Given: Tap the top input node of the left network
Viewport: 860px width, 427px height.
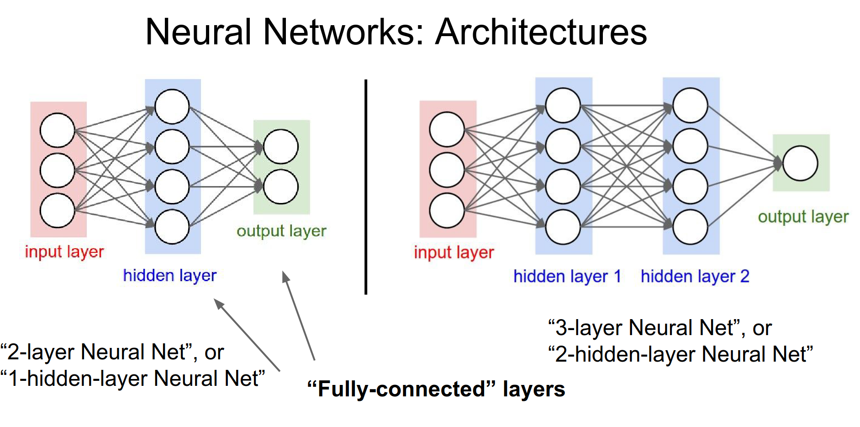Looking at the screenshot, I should point(58,130).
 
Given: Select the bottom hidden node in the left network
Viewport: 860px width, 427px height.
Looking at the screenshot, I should point(172,226).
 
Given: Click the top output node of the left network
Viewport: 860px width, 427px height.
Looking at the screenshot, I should point(281,147).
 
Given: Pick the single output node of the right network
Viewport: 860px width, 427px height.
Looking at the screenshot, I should point(800,163).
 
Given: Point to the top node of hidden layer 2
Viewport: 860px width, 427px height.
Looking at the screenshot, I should point(691,106).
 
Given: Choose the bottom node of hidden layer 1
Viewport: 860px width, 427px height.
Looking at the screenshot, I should point(563,227).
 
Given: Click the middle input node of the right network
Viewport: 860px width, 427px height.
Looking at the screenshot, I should point(447,170).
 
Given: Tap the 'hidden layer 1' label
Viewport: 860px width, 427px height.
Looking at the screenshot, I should point(567,276).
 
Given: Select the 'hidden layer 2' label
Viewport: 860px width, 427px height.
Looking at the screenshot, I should point(695,276).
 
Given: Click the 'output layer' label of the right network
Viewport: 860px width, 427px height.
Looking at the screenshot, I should point(803,217).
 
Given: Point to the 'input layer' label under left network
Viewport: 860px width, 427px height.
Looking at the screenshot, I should point(64,252).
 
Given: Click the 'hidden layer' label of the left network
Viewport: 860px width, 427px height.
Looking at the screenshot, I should point(169,275).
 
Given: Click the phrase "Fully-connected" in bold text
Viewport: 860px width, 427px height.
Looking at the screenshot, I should point(401,389).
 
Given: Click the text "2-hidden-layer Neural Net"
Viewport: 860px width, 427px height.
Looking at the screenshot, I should point(681,354).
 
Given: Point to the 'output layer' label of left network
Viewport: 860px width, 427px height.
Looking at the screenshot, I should point(281,231).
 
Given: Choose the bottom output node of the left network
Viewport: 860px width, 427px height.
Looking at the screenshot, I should point(281,187).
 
